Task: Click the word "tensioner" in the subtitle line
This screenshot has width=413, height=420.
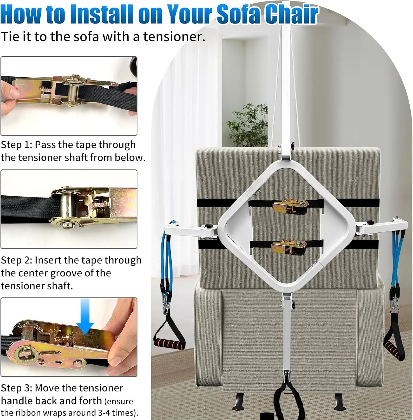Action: [x=174, y=37]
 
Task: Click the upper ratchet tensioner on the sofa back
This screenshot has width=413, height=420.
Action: [x=291, y=207]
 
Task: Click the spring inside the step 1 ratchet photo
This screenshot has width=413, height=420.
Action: [x=47, y=90]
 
